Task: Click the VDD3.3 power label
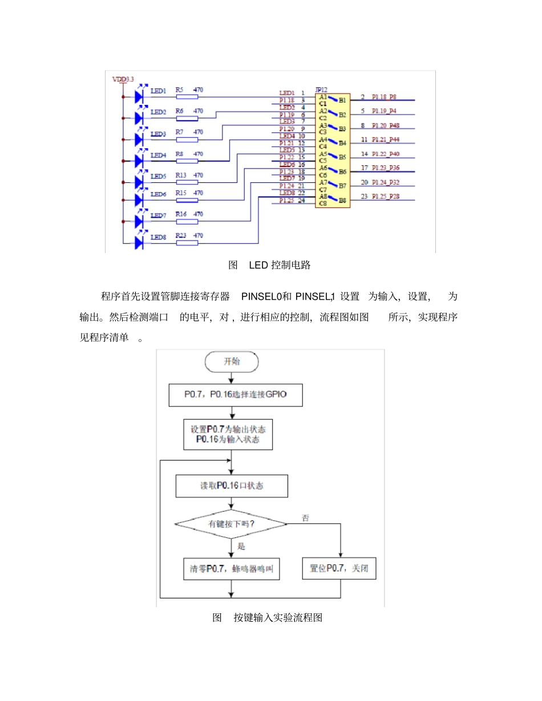pos(123,80)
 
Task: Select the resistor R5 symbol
pos(187,97)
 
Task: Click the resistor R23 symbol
pos(187,243)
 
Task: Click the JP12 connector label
pos(321,90)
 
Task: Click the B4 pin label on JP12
pos(342,143)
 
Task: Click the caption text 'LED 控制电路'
pos(280,265)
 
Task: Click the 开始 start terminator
pos(232,361)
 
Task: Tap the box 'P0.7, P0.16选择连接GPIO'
pos(235,394)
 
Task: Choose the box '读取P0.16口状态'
pos(231,486)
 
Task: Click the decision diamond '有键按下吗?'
pos(230,523)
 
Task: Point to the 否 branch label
pos(305,518)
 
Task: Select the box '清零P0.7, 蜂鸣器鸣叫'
pos(231,568)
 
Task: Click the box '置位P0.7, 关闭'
pos(339,568)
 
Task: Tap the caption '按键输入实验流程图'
pos(277,617)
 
